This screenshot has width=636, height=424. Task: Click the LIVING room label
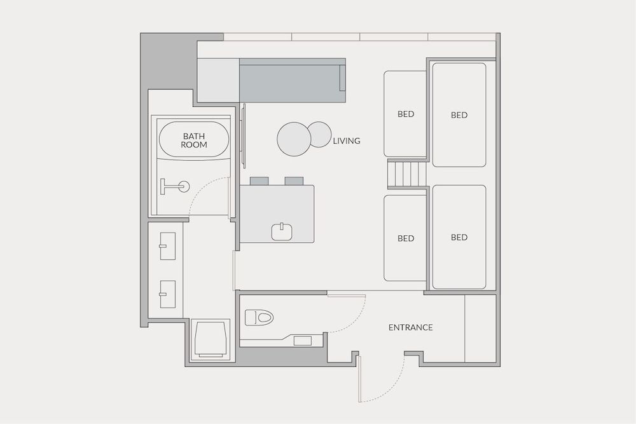coord(347,141)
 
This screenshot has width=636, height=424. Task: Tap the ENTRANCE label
coord(410,327)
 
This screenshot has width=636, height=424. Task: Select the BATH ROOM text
coord(194,140)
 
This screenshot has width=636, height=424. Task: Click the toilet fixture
coord(259,317)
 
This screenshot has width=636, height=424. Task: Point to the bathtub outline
coord(194,140)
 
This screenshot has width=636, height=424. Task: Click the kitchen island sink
coord(282,231)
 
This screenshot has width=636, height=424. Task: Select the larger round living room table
coord(294,139)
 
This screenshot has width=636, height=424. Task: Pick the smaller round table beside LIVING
coord(319,134)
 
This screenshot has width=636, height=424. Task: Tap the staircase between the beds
coord(407,174)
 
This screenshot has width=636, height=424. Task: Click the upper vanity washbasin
coord(167,246)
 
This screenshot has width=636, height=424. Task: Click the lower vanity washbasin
coord(167,294)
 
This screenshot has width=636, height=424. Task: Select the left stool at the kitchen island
coord(259,181)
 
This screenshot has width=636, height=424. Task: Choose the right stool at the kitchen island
coord(294,181)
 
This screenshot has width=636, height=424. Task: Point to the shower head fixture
coord(174,186)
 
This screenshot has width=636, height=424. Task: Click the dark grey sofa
coord(293,80)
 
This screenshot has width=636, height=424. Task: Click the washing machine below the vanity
coord(210,339)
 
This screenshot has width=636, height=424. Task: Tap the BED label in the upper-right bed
coord(459,115)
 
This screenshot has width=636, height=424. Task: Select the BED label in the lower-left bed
coord(406,238)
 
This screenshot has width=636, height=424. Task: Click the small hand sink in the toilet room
coord(303,341)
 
